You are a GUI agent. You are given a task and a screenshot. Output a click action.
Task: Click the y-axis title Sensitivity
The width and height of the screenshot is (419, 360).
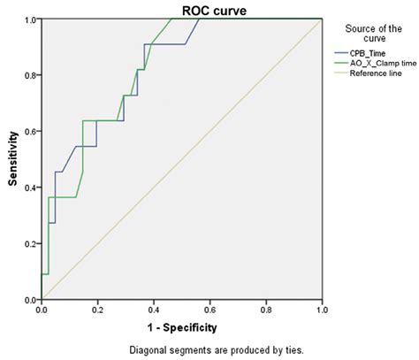point(13,159)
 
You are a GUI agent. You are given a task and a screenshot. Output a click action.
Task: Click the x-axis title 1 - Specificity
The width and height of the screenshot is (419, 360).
point(181,326)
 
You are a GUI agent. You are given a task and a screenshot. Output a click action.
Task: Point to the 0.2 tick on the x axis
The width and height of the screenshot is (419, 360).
point(97,310)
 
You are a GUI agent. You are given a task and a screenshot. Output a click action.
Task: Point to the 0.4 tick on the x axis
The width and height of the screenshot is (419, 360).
point(154,310)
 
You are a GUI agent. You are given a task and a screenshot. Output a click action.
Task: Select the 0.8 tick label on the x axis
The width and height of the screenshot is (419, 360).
point(266,310)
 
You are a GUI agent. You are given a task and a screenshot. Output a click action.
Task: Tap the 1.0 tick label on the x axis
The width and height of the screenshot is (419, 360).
point(322,310)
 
